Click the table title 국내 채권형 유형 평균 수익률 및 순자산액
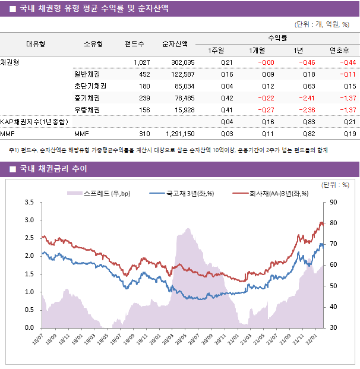coord(93,8)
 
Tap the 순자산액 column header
coord(175,43)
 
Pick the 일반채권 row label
coord(87,74)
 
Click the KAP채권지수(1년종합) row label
coord(34,122)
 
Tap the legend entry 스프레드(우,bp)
coord(99,193)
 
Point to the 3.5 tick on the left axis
coord(29,203)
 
